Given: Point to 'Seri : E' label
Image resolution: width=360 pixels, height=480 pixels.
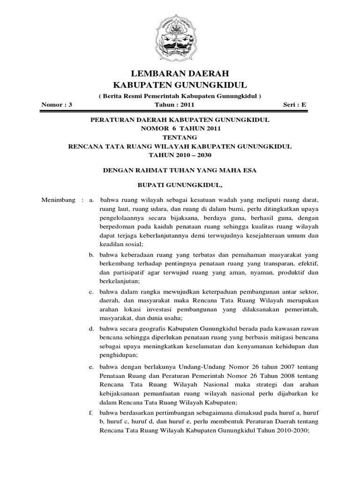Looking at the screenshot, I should pyautogui.click(x=295, y=105).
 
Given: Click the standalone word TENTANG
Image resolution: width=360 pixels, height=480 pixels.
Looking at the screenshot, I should pyautogui.click(x=180, y=137).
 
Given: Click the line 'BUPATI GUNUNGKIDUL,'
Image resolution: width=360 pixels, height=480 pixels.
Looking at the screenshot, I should pyautogui.click(x=180, y=185).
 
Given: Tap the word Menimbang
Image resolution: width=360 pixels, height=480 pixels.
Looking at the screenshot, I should pyautogui.click(x=59, y=201).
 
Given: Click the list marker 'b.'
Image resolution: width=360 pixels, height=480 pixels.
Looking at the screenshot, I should pyautogui.click(x=92, y=255).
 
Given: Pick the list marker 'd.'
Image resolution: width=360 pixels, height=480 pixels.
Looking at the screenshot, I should pyautogui.click(x=92, y=328).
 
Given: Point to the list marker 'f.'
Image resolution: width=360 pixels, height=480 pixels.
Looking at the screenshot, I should pyautogui.click(x=92, y=413).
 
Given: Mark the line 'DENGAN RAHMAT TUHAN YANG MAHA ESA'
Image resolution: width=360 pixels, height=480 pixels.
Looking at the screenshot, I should pyautogui.click(x=180, y=170).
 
